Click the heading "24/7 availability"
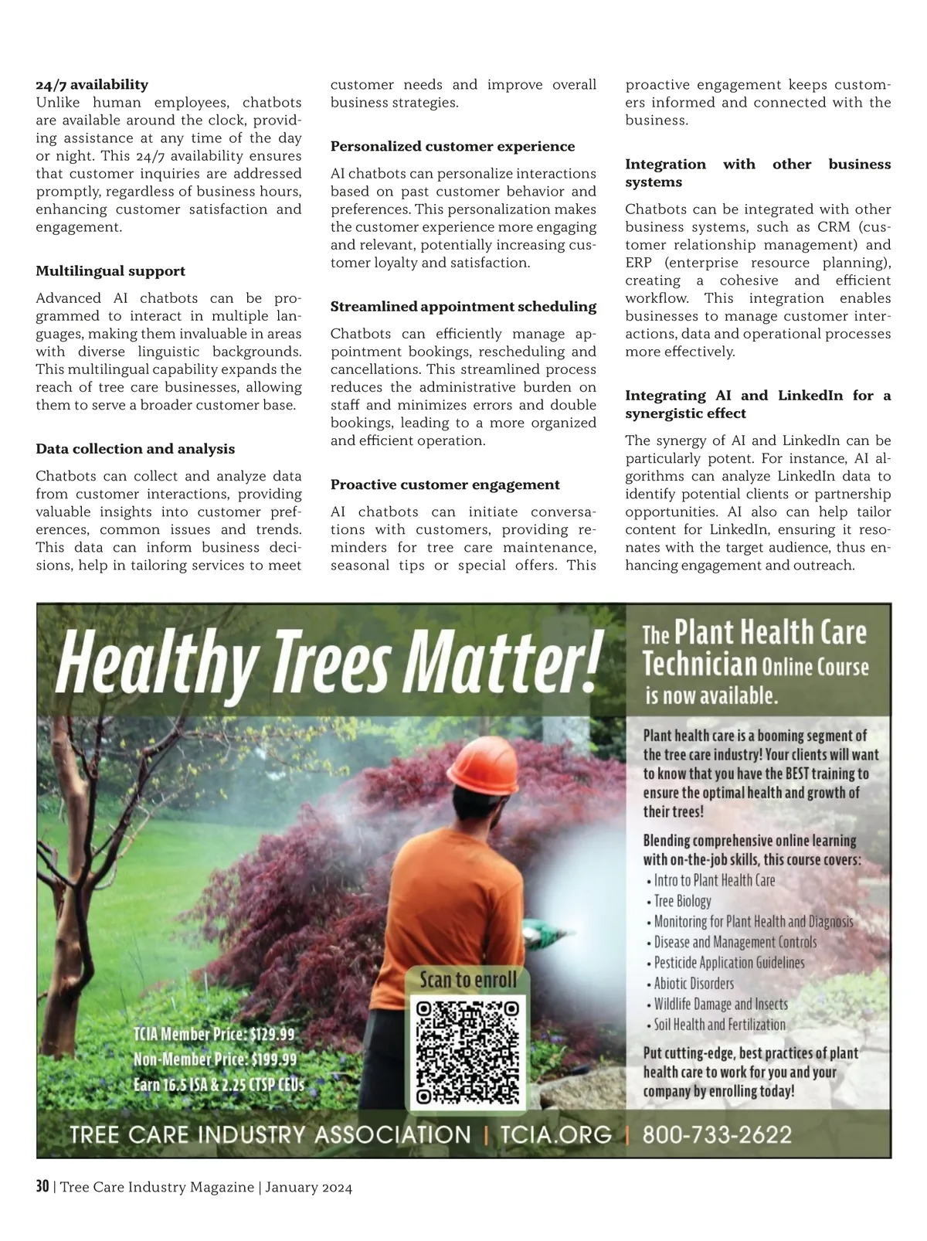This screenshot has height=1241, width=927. coord(92,84)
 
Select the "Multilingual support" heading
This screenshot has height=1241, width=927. coord(110,271)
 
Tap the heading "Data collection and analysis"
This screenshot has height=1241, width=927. coord(135,449)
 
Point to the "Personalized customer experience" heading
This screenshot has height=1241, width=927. coord(453,147)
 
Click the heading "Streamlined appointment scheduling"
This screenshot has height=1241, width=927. coord(463,307)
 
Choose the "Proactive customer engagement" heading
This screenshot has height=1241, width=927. coord(445,485)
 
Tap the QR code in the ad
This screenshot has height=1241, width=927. coord(467,1052)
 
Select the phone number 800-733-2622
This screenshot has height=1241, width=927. coord(718,1135)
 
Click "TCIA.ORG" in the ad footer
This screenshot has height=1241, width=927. coord(555,1135)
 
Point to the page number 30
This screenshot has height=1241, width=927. coord(42,1188)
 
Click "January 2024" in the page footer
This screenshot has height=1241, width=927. coord(309,1188)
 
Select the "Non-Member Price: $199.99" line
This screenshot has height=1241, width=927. coord(216,1059)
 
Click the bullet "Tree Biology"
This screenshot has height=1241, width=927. coord(682,901)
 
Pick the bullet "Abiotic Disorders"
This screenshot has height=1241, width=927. coord(694,984)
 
